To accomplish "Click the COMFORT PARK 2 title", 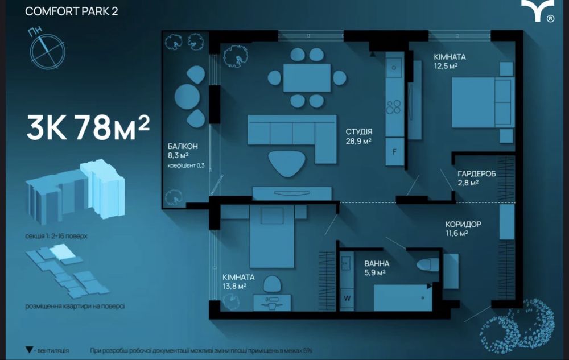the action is (72, 11).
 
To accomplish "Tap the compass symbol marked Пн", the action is (47, 51).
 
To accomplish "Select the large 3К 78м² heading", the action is (88, 127).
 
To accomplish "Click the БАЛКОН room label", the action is (183, 146).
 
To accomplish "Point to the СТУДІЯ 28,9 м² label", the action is (358, 136).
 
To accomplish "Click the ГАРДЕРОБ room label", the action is (476, 173).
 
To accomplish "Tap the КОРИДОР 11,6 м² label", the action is (463, 229).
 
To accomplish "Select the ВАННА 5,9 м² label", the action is (377, 268).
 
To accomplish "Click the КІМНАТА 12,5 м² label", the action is (450, 61).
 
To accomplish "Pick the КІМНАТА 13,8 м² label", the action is (238, 282).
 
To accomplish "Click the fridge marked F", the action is (395, 151).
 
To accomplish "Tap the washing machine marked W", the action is (347, 299).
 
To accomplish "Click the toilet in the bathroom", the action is (428, 264).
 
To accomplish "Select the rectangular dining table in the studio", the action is (307, 77).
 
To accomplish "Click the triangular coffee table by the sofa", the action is (287, 163).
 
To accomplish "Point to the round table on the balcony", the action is (187, 97).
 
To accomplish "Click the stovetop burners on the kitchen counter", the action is (393, 107).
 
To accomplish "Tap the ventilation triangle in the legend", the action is (30, 350).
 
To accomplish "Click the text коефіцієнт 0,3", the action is (186, 165).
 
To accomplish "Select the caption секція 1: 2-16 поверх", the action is (56, 236).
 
